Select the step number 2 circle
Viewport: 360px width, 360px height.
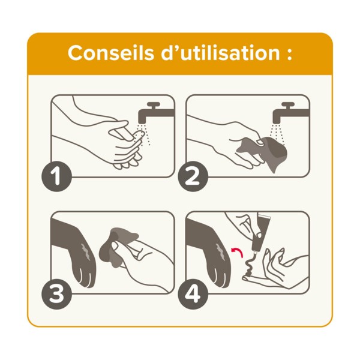(193, 177)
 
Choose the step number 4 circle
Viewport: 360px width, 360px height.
(193, 294)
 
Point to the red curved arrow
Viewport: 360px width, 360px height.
(235, 248)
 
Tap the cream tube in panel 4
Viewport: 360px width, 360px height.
(259, 230)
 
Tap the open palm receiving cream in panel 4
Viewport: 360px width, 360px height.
(282, 267)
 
